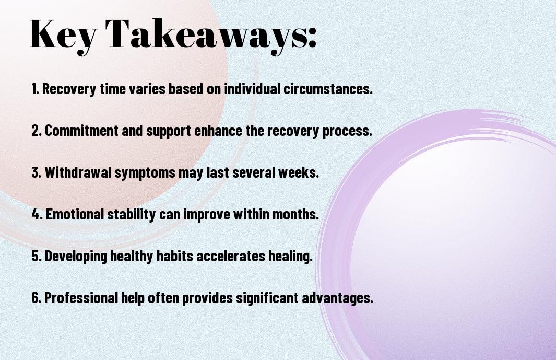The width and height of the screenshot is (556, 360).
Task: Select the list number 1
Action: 35,89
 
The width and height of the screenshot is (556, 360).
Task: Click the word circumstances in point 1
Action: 328,89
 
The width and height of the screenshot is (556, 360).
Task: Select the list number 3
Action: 36,172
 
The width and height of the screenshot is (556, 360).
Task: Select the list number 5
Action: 36,256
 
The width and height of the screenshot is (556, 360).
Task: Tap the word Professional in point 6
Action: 81,297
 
